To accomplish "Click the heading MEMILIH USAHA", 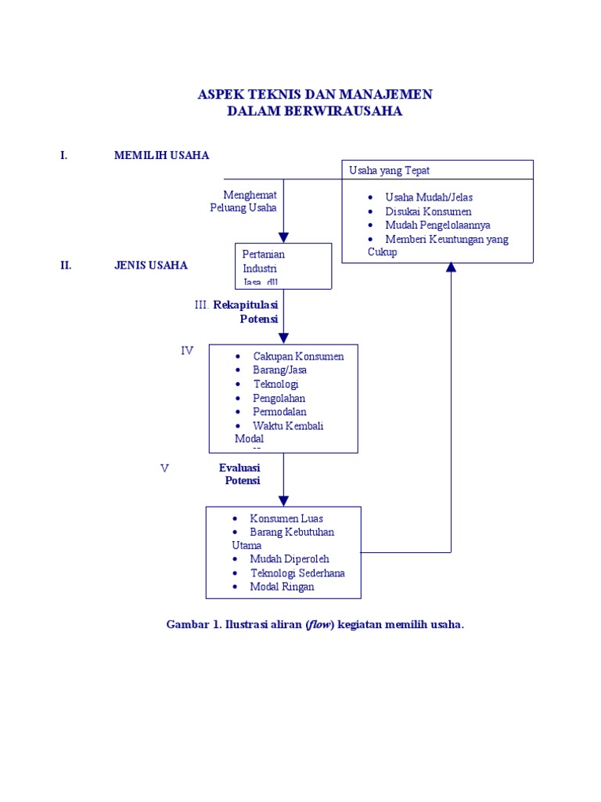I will pos(161,155).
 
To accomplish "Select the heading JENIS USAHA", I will pos(150,265).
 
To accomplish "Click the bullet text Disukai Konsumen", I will pos(428,211).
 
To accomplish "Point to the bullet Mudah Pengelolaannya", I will pos(437,225).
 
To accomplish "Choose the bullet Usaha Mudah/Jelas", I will pos(429,197).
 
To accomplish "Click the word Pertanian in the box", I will pos(264,254).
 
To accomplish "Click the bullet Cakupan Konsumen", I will pos(298,356).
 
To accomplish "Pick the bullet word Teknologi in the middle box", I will pos(275,384).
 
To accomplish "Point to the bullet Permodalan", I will pos(279,412).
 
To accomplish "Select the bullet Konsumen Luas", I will pos(286,518).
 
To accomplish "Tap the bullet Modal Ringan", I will pos(282,587).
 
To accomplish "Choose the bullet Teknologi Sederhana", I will pos(297,573).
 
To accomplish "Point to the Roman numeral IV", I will pos(187,351).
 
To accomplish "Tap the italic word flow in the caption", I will pos(320,625).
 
